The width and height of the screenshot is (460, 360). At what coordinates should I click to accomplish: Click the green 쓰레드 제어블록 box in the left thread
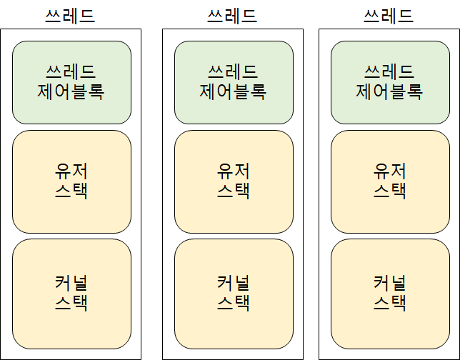coord(71,82)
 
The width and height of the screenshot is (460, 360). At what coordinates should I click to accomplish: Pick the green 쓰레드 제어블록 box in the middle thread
coord(234,82)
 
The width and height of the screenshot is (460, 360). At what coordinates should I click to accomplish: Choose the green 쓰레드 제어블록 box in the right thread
coord(390,82)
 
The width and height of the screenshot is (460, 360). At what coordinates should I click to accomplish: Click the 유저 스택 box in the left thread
coord(71,181)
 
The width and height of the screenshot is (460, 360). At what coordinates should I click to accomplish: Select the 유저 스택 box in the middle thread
coord(234,181)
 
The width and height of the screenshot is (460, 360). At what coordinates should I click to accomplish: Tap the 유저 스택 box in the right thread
coord(390,181)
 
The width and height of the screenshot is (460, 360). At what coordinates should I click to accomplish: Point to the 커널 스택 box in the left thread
coord(71,292)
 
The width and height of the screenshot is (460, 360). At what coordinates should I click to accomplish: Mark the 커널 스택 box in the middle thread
coord(234,292)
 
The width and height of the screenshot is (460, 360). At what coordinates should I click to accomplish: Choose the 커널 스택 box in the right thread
coord(390,292)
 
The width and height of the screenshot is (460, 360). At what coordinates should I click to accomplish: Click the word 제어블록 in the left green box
coord(71,92)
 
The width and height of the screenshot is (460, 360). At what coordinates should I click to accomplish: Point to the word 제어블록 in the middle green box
coord(233,92)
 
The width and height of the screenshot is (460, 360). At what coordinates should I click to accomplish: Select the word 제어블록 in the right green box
coord(389,92)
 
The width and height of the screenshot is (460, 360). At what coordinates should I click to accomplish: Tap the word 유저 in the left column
coord(71,171)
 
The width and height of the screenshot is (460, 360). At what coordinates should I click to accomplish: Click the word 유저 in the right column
coord(390,171)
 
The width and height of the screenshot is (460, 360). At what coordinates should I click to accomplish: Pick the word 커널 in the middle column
coord(234,282)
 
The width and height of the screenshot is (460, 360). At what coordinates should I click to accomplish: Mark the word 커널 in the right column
coord(390,282)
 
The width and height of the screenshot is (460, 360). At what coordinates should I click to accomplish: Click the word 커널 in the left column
coord(71,282)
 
